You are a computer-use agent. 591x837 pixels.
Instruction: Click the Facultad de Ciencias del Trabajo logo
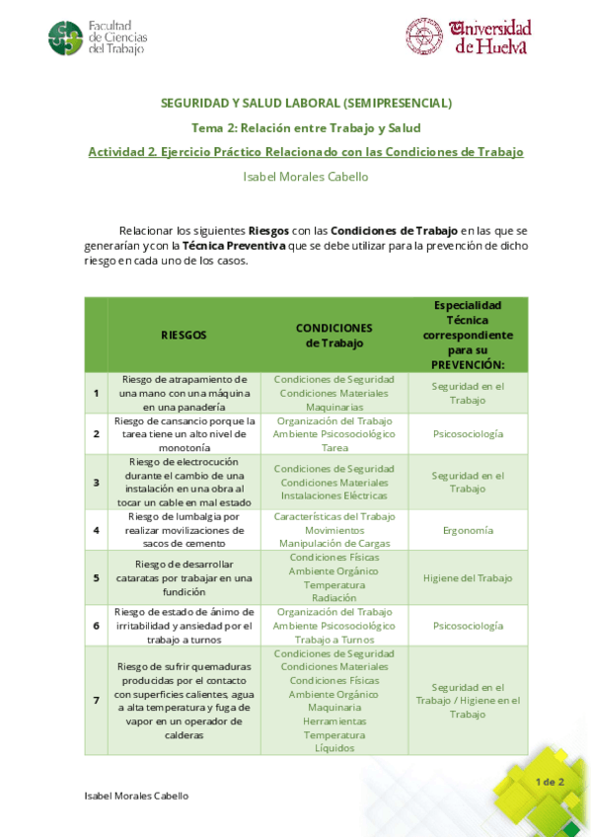click(x=66, y=38)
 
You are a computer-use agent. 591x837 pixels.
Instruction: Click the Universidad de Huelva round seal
click(x=424, y=36)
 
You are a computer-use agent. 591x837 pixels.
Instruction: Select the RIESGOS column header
click(x=184, y=335)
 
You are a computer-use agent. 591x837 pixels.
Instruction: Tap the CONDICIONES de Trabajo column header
click(x=333, y=335)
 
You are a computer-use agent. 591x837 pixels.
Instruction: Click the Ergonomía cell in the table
click(x=469, y=530)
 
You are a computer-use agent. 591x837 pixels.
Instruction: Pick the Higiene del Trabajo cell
click(x=469, y=578)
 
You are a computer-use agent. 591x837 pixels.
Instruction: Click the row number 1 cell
click(x=96, y=393)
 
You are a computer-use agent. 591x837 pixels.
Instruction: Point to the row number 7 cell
click(x=96, y=700)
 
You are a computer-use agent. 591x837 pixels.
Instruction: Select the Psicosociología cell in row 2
click(x=469, y=433)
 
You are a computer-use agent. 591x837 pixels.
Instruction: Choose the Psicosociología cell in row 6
click(x=469, y=626)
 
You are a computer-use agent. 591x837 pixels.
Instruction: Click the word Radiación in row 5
click(x=334, y=598)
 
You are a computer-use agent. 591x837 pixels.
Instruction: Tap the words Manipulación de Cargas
click(x=334, y=543)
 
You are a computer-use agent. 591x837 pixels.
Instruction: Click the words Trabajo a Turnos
click(x=334, y=640)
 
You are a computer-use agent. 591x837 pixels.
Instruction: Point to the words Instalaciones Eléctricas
click(x=334, y=495)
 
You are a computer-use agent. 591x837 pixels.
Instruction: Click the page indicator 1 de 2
click(x=550, y=782)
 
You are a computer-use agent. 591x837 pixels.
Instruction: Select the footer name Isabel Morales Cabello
click(x=136, y=796)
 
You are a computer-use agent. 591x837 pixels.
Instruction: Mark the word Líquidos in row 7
click(x=334, y=748)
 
